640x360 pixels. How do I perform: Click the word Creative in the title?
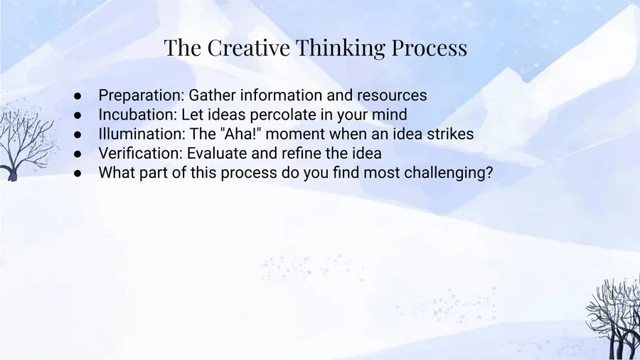tap(249, 48)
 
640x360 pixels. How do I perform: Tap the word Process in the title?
tap(430, 48)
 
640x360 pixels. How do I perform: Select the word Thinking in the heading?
tap(341, 48)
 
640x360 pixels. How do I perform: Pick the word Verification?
tap(140, 153)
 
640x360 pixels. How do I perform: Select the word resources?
tap(392, 95)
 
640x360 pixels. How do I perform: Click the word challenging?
tap(449, 173)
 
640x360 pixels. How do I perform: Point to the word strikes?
tap(450, 134)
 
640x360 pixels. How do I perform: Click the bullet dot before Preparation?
tap(78, 96)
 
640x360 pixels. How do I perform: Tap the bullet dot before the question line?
tap(78, 174)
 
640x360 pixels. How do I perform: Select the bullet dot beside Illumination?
tap(78, 134)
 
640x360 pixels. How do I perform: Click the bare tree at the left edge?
tap(23, 141)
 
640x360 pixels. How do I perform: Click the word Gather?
tap(212, 95)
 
